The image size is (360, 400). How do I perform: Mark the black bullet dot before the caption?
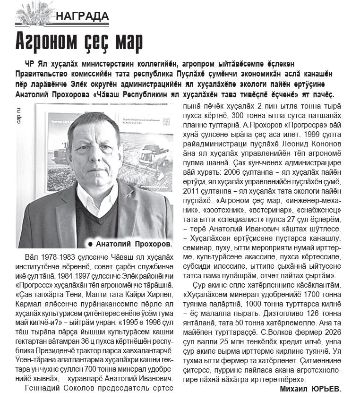(90, 244)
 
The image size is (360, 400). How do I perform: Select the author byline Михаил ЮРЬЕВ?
(309, 389)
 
